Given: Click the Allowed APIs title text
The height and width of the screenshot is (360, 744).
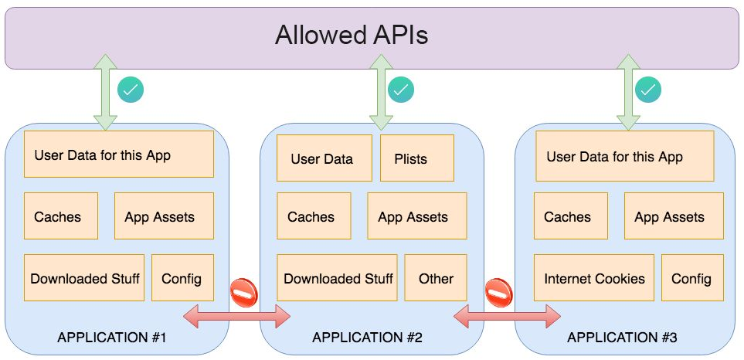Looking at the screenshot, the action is click(351, 35).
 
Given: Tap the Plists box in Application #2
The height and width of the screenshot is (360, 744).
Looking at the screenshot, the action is click(417, 158).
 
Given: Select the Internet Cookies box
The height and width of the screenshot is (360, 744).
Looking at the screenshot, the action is click(593, 277).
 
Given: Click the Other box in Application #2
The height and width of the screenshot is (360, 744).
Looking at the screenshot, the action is click(436, 277).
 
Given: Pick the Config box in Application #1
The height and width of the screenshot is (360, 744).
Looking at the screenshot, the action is click(182, 277).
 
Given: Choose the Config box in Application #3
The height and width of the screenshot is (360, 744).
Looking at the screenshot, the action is click(692, 277).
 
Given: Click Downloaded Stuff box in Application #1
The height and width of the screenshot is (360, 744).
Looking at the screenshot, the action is click(84, 277).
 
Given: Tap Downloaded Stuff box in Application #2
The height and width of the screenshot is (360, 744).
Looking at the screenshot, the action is click(338, 277).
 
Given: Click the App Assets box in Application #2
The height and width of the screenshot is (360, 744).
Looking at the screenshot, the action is click(417, 216).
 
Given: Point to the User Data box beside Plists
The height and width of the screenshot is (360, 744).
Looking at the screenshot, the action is click(324, 158).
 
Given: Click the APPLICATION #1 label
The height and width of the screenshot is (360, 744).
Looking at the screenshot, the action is click(111, 338).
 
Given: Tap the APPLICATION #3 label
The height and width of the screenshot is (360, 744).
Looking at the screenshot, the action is click(622, 338).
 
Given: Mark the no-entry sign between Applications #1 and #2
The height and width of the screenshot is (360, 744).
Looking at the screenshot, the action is click(244, 293).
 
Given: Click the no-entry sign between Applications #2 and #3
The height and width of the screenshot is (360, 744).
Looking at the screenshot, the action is click(499, 293).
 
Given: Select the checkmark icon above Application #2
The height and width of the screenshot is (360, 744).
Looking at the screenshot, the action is click(401, 90).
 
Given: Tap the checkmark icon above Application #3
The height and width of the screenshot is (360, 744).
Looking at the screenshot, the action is click(648, 90).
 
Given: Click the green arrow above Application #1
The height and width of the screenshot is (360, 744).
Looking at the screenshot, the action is click(105, 92).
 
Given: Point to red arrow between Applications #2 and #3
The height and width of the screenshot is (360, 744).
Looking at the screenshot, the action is click(508, 317).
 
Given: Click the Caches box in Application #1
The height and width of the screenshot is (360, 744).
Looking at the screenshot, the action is click(61, 216).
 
